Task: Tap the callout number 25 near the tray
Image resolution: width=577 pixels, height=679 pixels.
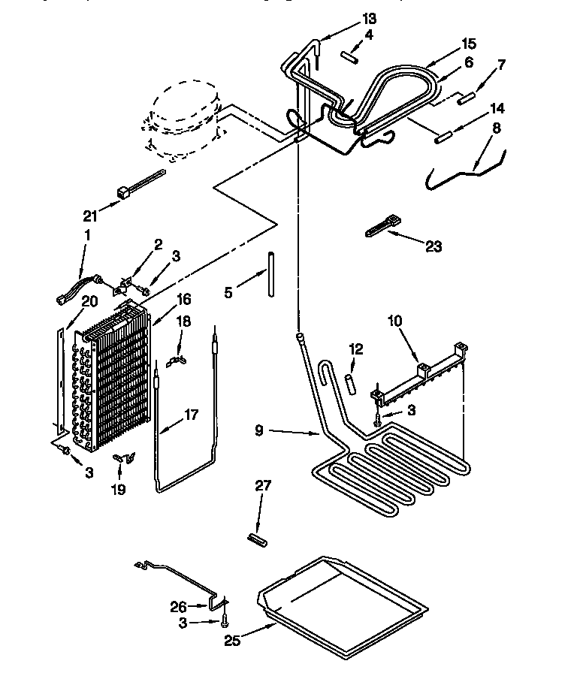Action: point(231,640)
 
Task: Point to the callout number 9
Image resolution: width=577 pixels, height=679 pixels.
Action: point(260,432)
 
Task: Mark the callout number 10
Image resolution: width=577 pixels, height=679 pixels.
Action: point(394,321)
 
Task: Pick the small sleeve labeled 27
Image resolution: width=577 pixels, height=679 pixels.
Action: point(258,539)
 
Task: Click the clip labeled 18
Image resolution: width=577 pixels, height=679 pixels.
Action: point(178,363)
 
